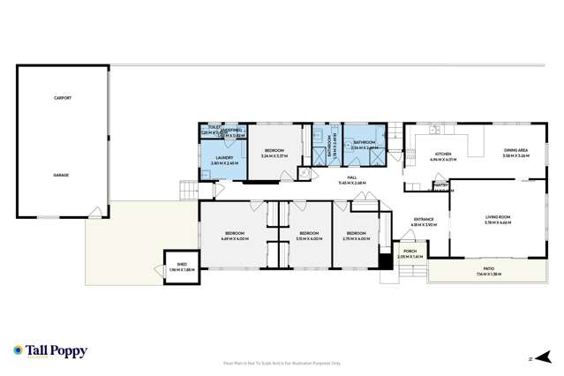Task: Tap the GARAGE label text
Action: (x=61, y=175)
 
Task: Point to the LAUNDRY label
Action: (x=222, y=160)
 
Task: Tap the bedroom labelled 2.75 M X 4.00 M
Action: (x=357, y=235)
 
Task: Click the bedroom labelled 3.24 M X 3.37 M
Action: (x=274, y=152)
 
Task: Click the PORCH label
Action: (x=410, y=252)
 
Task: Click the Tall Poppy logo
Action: (x=50, y=351)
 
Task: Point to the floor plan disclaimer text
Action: (x=282, y=362)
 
